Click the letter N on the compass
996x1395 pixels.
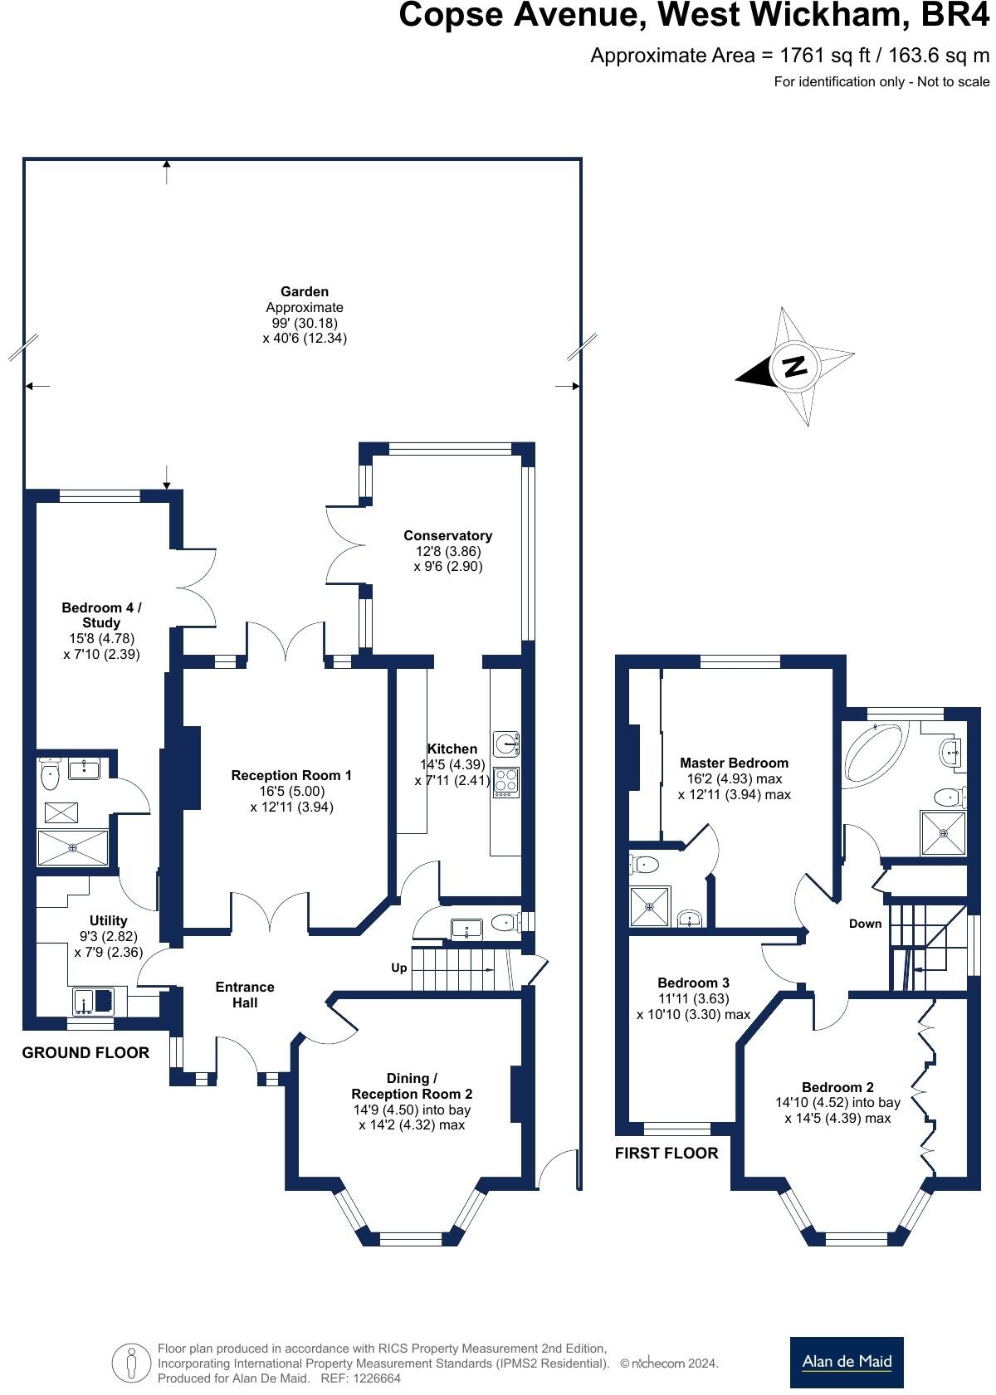(x=795, y=366)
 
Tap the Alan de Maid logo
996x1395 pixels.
(x=846, y=1362)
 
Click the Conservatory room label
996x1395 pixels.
(x=447, y=536)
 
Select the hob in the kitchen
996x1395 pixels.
(x=505, y=782)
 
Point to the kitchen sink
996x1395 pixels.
(x=505, y=744)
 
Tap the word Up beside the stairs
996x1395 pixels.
(x=399, y=968)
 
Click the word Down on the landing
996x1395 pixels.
(x=865, y=924)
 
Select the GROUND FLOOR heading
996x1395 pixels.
(x=85, y=1053)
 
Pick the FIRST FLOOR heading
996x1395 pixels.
(x=666, y=1153)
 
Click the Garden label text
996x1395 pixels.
(x=305, y=292)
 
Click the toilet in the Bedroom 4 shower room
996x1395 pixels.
(x=50, y=776)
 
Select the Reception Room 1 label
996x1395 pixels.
(x=291, y=775)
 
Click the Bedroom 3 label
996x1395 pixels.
(x=693, y=983)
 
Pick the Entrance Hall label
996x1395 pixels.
(x=245, y=994)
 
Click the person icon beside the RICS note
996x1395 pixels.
(x=131, y=1363)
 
